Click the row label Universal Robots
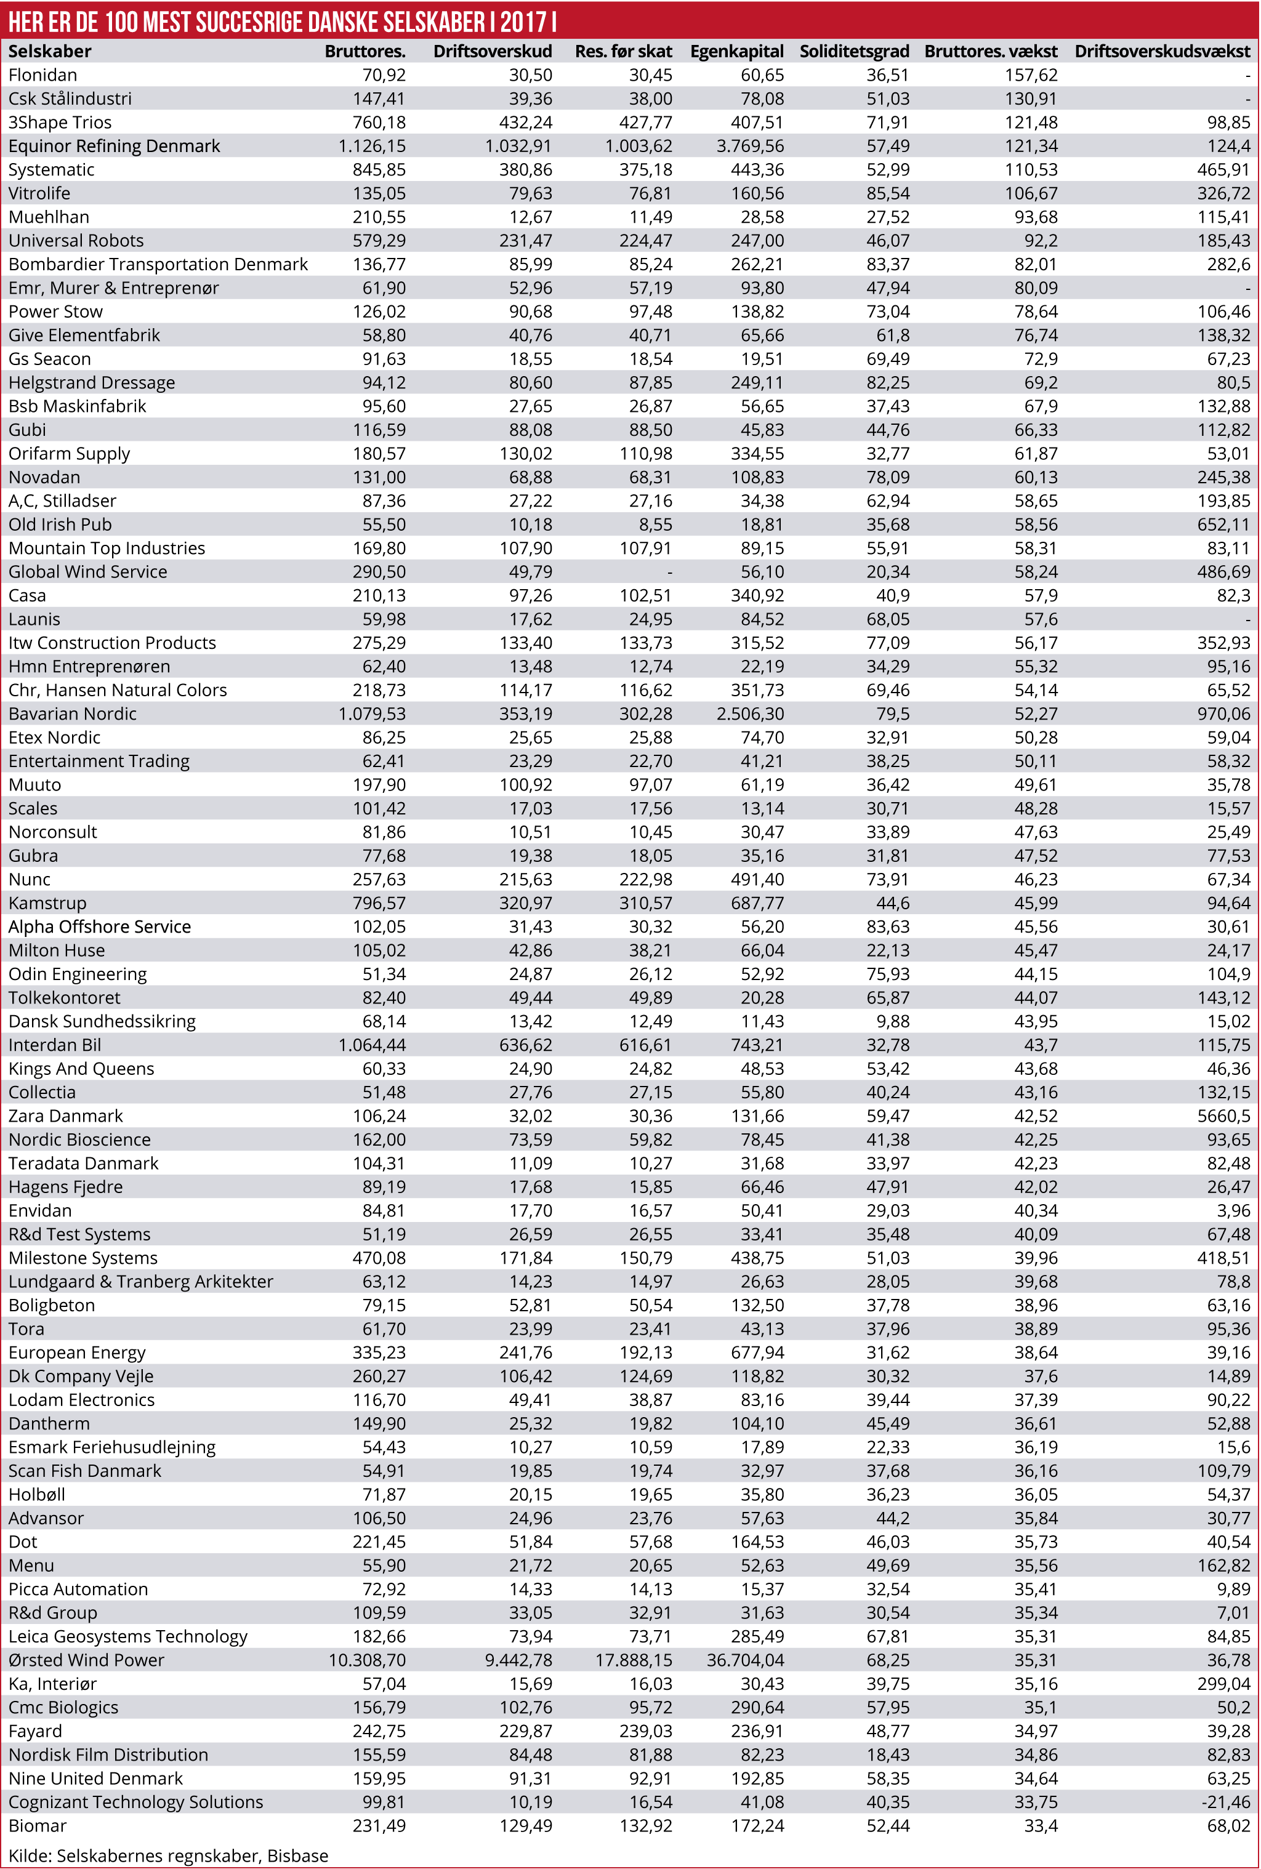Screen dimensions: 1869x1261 [x=76, y=240]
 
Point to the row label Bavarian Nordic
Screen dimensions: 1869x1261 [x=73, y=714]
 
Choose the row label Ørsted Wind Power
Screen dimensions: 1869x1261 [x=86, y=1660]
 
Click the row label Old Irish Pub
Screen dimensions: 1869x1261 [x=60, y=524]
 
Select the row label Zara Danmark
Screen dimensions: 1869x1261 [x=66, y=1115]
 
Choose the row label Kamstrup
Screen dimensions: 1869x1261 [x=47, y=902]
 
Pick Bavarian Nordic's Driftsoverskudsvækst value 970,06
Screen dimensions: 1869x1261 [x=1223, y=714]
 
